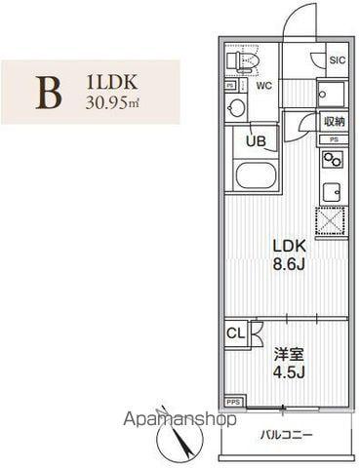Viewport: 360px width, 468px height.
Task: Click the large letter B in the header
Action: pyautogui.click(x=49, y=91)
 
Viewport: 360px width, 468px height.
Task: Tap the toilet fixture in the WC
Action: pyautogui.click(x=242, y=62)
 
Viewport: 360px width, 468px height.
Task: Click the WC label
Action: pyautogui.click(x=263, y=85)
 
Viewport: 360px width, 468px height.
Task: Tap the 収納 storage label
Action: pyautogui.click(x=334, y=121)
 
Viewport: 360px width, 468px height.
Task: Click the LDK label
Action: pyautogui.click(x=289, y=247)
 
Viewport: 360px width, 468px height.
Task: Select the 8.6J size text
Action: pyautogui.click(x=289, y=264)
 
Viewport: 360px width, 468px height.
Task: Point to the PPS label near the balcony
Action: pyautogui.click(x=234, y=401)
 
